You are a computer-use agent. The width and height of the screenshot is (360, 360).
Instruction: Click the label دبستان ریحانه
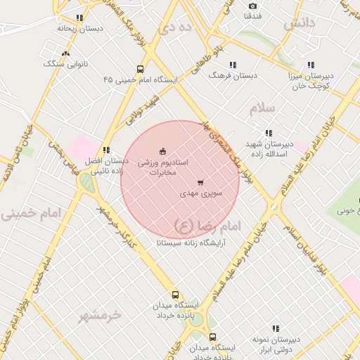click(80, 29)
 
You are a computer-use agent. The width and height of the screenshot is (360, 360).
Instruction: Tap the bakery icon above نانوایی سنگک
click(66, 53)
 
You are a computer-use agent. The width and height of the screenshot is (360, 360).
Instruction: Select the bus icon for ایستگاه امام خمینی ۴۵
click(141, 69)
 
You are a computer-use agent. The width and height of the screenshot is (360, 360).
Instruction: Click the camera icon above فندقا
click(253, 6)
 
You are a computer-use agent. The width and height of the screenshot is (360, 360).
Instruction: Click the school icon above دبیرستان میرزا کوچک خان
click(311, 65)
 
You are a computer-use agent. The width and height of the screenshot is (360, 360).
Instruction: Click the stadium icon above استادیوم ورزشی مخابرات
click(163, 150)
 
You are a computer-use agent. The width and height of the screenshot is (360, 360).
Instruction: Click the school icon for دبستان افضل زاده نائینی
click(106, 150)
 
